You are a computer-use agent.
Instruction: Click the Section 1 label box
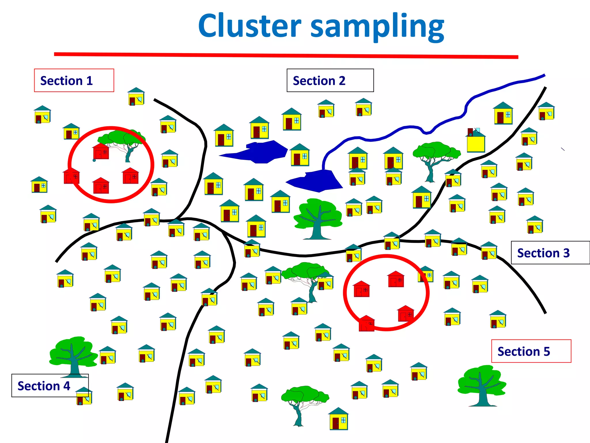pos(74,80)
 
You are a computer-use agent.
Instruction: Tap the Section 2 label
pos(330,80)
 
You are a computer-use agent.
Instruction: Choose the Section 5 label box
pos(531,351)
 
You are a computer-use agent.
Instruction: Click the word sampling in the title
pos(377,27)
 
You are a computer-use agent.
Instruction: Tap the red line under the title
pos(285,55)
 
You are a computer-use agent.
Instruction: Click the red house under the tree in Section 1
pos(101,151)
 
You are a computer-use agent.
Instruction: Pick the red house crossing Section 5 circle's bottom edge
pos(366,323)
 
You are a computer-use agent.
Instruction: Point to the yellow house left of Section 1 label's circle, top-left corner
pos(42,114)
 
